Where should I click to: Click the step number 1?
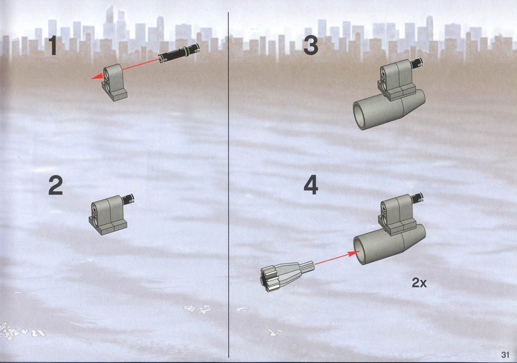53,45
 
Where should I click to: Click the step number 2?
56,186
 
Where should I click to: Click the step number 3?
311,45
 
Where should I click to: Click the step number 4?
311,185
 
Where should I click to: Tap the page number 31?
505,354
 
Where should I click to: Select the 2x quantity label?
419,283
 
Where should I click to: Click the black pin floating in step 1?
179,53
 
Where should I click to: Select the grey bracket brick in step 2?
108,215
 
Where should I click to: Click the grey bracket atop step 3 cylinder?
396,80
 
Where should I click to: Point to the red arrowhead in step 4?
354,254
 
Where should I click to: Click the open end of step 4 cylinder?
362,250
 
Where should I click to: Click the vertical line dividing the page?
229,185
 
